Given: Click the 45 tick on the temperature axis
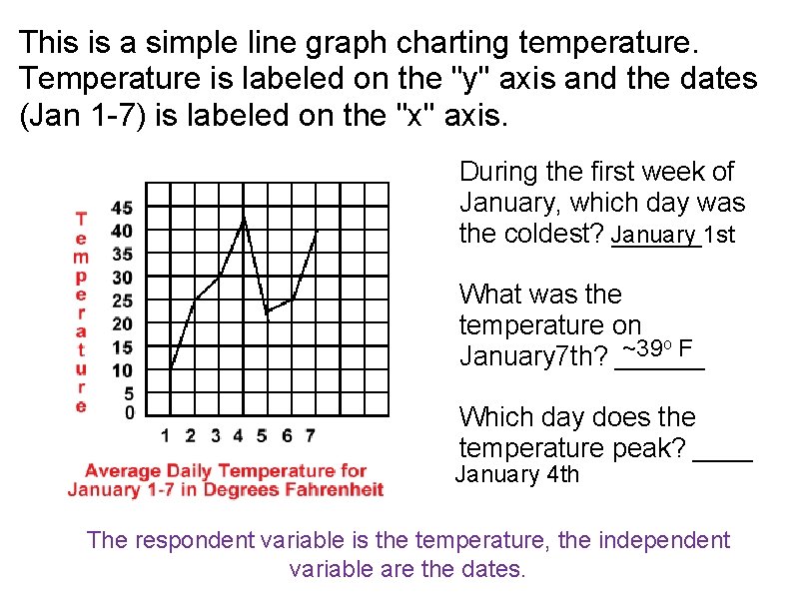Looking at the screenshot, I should pos(122,208).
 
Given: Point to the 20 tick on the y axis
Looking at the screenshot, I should pos(122,323).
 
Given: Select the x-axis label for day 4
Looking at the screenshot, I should pos(238,435).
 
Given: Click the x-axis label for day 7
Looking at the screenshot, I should pos(311,435).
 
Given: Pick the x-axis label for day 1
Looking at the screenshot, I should pos(166,435).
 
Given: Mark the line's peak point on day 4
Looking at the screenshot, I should pos(244,218).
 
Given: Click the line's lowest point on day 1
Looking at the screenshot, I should pos(171,369).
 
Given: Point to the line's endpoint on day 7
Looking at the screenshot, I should pos(317,232).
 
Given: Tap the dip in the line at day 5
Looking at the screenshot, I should pos(267,312).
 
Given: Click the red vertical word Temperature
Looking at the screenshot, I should pos(81,310).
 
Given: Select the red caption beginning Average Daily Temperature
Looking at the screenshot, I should pos(226,480).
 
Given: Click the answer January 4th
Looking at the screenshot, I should pos(517,474).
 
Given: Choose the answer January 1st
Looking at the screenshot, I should pos(673,235).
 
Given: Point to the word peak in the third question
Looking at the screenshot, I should pos(651,447).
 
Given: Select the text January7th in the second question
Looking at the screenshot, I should pos(529,356).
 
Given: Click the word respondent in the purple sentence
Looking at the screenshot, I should pos(188,540).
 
